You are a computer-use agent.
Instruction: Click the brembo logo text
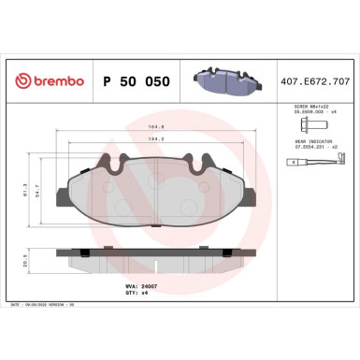click(x=53, y=82)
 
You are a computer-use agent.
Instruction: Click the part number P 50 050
click(x=137, y=82)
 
